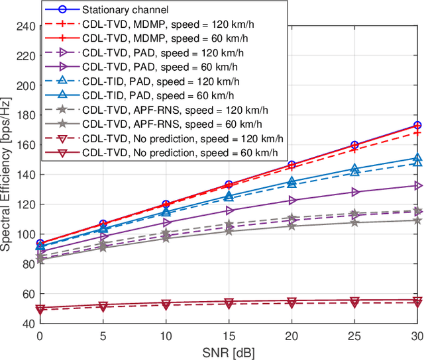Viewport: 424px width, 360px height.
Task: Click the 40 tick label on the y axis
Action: [x=28, y=324]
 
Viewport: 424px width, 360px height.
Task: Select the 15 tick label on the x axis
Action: [x=229, y=336]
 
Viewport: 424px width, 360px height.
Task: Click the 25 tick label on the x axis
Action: [x=354, y=336]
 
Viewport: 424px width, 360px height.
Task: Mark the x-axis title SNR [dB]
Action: [x=229, y=351]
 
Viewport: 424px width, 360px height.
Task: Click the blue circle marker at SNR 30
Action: [x=417, y=125]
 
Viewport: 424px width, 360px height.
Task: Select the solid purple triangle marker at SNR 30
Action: [x=417, y=186]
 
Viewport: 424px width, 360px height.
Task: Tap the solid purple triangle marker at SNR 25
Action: [x=354, y=193]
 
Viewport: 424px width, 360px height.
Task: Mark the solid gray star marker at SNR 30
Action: [x=417, y=220]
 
